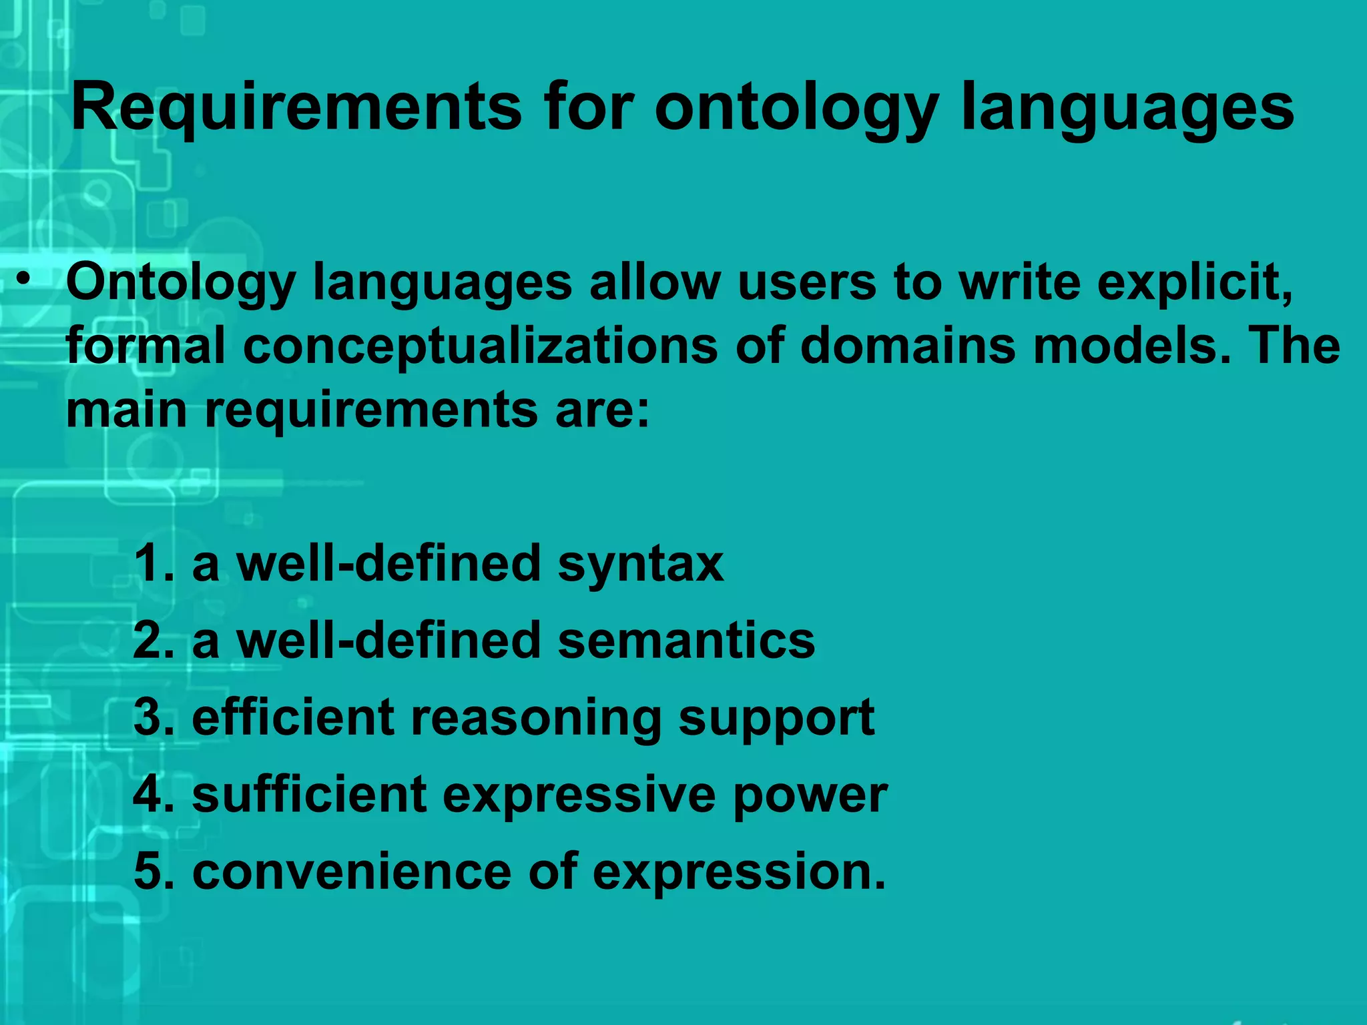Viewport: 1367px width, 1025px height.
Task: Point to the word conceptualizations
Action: (480, 346)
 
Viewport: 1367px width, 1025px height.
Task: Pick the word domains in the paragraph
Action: (907, 346)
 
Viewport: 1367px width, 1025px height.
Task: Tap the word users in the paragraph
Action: (807, 282)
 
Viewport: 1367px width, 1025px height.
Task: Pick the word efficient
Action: (293, 717)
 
